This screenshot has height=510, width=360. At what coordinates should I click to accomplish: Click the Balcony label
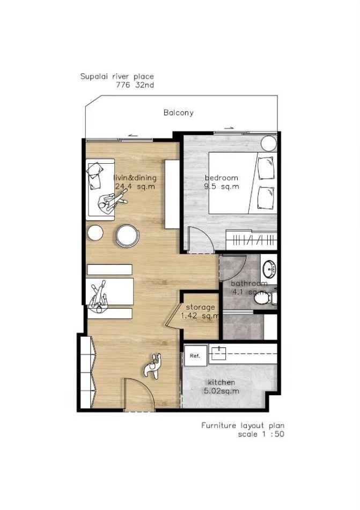(x=178, y=113)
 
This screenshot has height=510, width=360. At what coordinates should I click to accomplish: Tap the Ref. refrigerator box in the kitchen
(x=195, y=355)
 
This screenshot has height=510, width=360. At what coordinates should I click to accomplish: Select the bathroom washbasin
(x=269, y=269)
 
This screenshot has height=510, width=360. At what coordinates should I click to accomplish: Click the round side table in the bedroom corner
(x=269, y=143)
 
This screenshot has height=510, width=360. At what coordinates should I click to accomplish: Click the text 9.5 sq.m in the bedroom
(x=222, y=187)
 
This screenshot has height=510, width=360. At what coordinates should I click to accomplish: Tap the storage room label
(x=201, y=307)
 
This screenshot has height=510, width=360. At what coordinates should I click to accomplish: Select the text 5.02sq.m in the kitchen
(x=222, y=391)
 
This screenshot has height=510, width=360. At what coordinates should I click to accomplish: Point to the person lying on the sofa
(x=112, y=202)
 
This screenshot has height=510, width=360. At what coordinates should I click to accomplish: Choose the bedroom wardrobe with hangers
(x=252, y=240)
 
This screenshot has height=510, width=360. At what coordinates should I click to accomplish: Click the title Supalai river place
(x=117, y=77)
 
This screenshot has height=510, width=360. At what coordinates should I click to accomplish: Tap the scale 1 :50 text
(x=261, y=434)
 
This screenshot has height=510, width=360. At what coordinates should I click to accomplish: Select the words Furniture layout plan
(x=243, y=425)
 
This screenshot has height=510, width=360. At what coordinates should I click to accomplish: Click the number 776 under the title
(x=123, y=85)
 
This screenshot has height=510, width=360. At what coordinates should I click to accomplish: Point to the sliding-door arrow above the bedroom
(x=229, y=128)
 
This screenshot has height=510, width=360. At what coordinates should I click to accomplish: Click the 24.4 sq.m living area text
(x=135, y=187)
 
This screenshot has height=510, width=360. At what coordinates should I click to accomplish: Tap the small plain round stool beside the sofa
(x=95, y=233)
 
